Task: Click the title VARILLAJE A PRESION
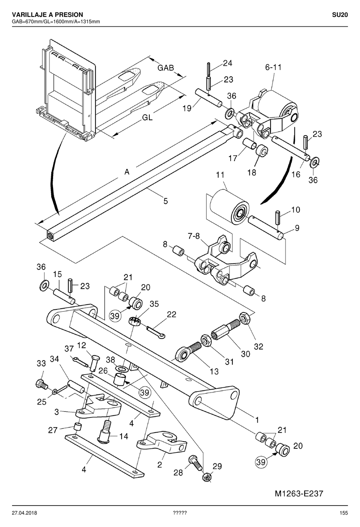pyautogui.click(x=47, y=15)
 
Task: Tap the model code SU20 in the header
pyautogui.click(x=340, y=15)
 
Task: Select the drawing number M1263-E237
pyautogui.click(x=299, y=493)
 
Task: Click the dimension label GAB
pyautogui.click(x=166, y=68)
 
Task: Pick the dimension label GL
pyautogui.click(x=147, y=117)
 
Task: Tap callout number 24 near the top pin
pyautogui.click(x=227, y=63)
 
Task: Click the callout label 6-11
pyautogui.click(x=273, y=67)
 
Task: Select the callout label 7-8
pyautogui.click(x=194, y=236)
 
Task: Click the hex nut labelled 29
pyautogui.click(x=207, y=477)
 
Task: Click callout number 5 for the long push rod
pyautogui.click(x=166, y=201)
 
